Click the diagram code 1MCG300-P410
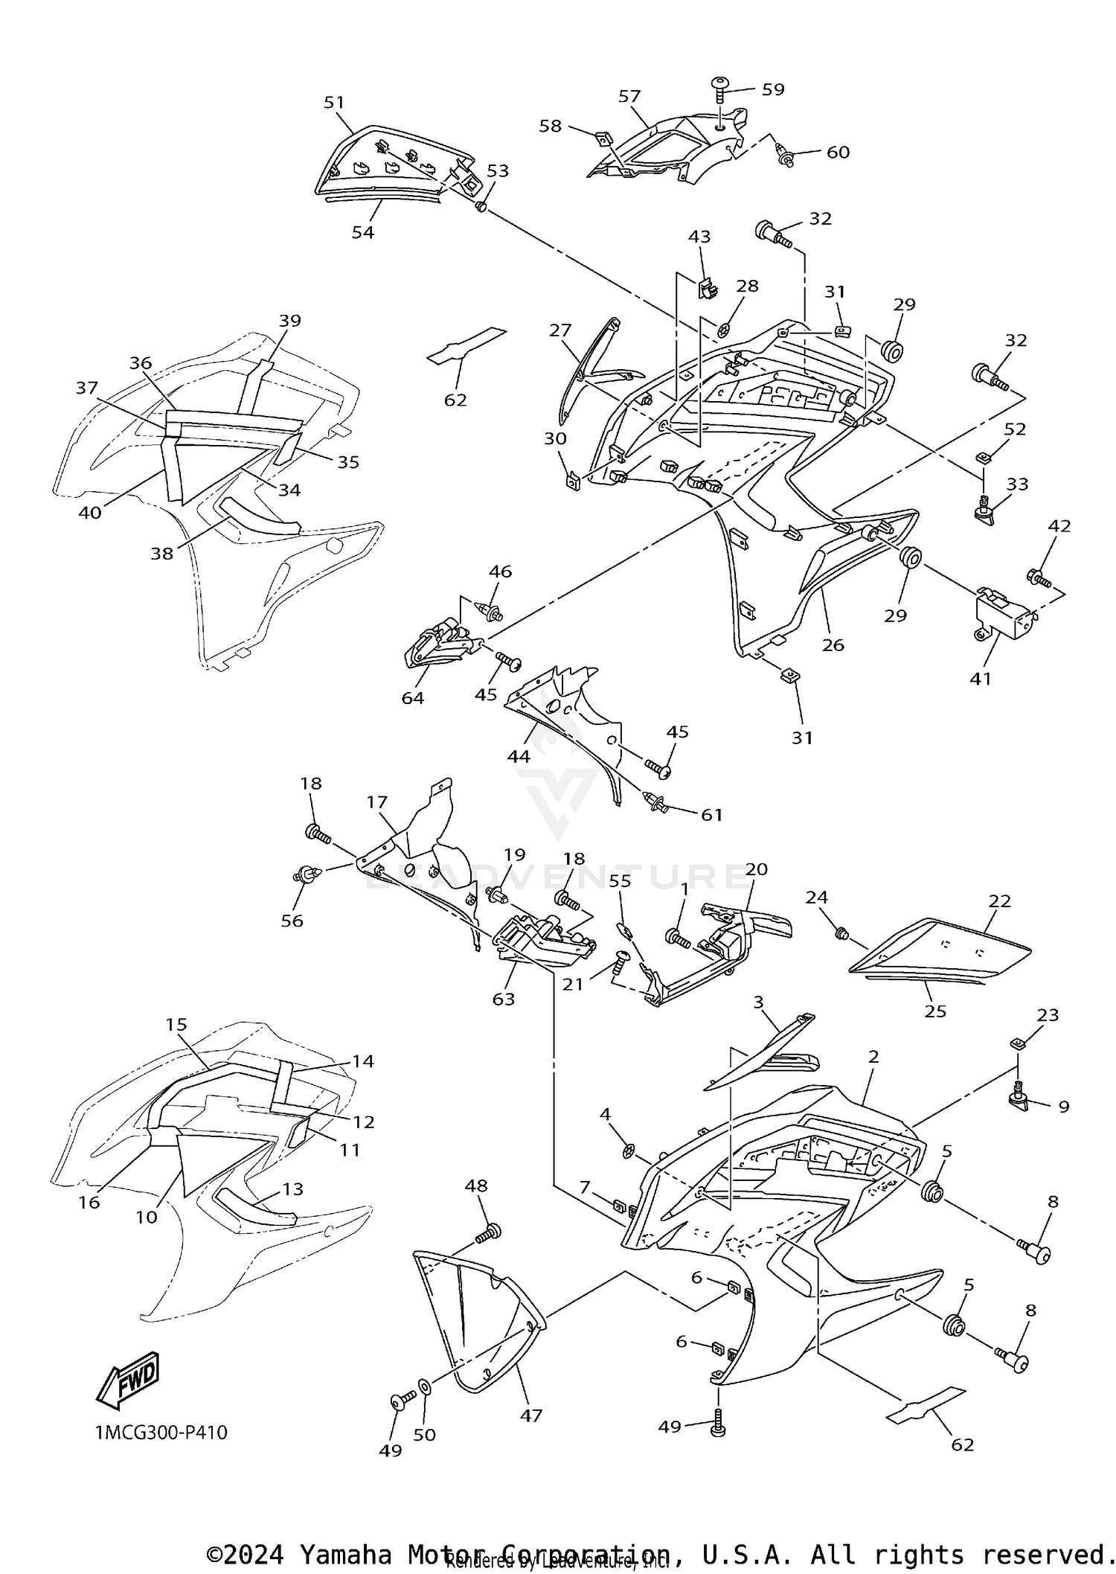[161, 1432]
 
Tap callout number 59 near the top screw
[773, 89]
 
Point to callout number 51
[335, 102]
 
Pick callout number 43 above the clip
[699, 237]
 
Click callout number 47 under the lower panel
[531, 1415]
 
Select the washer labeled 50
[424, 1386]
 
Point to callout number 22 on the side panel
[1000, 901]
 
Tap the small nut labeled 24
[841, 932]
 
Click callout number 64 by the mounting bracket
[413, 697]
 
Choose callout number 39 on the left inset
[290, 321]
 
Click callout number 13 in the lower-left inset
[293, 1189]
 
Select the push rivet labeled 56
[306, 874]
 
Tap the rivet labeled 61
[655, 802]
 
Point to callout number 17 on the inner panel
[377, 802]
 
